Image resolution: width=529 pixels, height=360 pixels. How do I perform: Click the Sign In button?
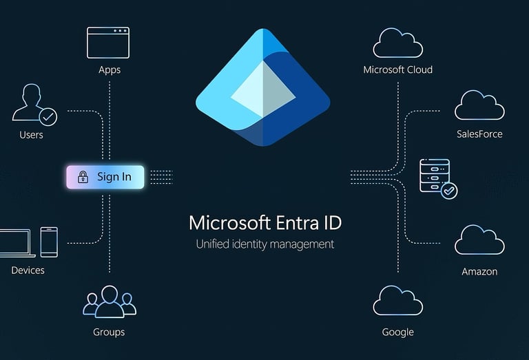[105, 177]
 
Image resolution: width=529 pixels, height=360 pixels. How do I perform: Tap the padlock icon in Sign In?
[83, 177]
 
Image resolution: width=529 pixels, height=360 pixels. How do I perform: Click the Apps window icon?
[108, 43]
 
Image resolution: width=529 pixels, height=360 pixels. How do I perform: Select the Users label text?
[31, 135]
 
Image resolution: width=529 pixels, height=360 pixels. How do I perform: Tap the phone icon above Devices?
[49, 242]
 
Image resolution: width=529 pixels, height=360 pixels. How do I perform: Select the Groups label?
[109, 332]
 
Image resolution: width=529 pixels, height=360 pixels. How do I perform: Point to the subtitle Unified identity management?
[264, 244]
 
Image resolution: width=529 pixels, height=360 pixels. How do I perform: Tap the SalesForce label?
[479, 134]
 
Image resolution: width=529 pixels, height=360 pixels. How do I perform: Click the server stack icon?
[434, 175]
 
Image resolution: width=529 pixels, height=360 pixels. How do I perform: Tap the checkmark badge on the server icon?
[449, 190]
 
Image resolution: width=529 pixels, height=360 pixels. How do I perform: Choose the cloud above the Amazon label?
[479, 241]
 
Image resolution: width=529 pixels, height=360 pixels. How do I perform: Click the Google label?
[397, 332]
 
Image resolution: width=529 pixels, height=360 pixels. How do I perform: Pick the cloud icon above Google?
[397, 301]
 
